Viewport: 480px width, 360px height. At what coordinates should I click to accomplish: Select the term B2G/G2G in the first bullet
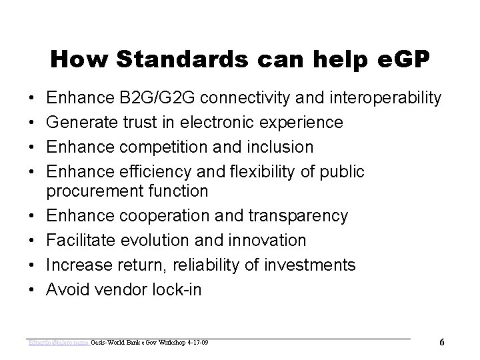tap(152, 99)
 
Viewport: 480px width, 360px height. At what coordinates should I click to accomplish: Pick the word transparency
tap(297, 216)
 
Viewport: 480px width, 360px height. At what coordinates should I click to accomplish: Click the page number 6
tap(442, 343)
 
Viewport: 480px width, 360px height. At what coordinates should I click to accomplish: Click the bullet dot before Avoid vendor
tap(33, 290)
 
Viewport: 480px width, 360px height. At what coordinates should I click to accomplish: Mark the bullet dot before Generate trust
tap(33, 123)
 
